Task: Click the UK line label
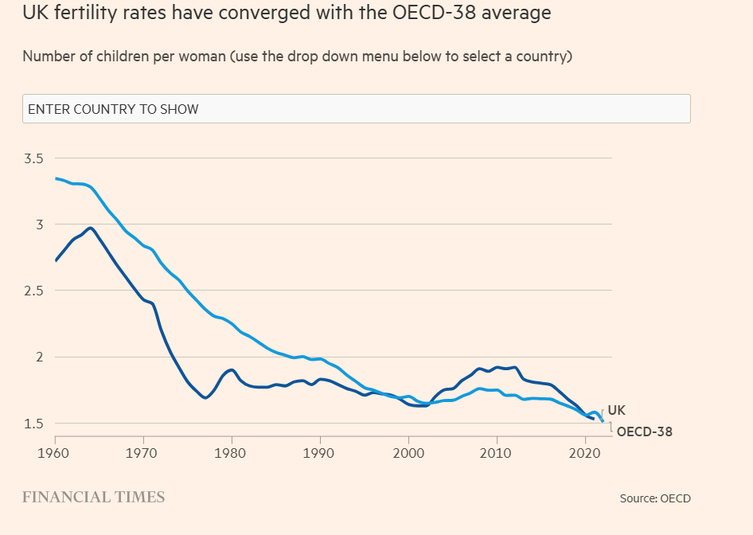(616, 411)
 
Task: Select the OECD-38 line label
(644, 432)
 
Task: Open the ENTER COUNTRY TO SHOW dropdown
(356, 109)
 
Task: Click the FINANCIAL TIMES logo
(94, 498)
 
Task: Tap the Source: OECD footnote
(655, 498)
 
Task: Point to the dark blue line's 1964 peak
(91, 228)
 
